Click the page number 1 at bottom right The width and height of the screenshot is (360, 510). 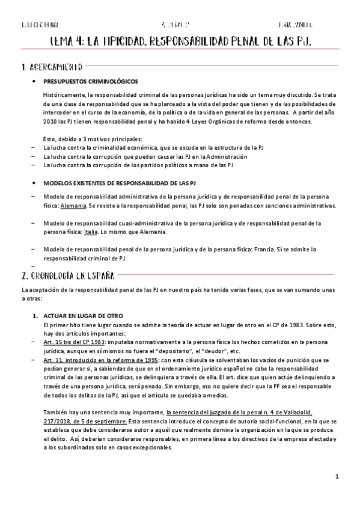click(338, 478)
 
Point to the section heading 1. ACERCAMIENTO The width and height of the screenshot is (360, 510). click(45, 66)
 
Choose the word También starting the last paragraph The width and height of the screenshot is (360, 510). click(55, 412)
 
